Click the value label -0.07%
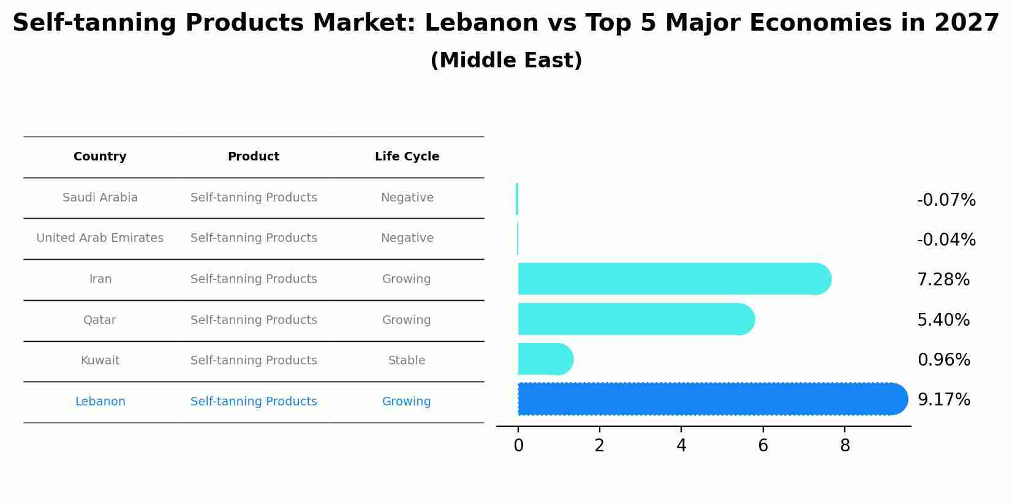946,200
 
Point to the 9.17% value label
943,400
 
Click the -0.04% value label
946,240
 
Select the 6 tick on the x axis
763,446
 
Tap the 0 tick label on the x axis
518,446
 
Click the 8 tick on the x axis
845,446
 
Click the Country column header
100,157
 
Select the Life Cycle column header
407,157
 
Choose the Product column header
254,157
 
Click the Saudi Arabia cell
100,198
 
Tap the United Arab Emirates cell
100,238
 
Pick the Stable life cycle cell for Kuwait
407,361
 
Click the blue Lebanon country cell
100,402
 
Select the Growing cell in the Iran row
407,279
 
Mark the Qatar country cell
100,320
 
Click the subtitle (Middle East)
506,61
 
